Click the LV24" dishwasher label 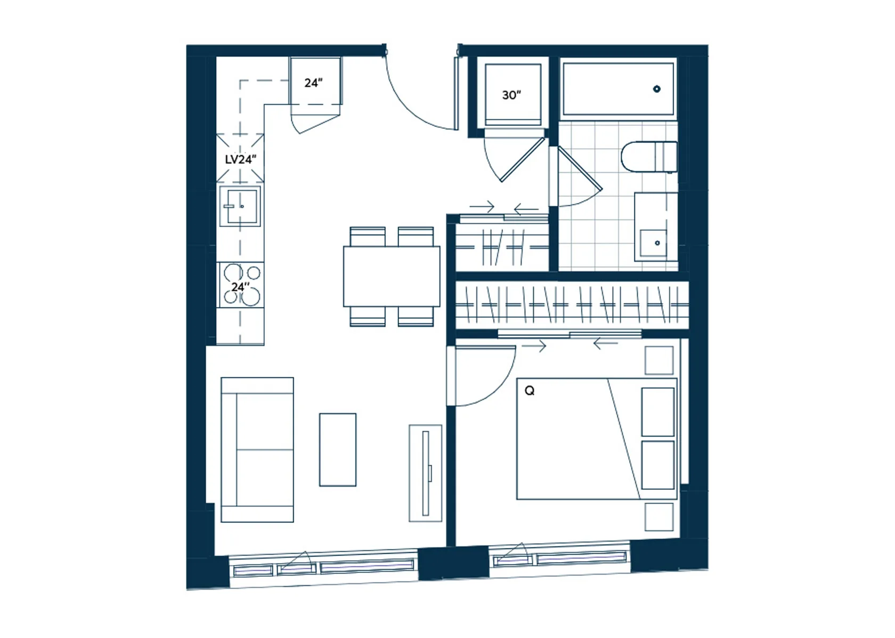point(240,159)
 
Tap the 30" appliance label point(511,95)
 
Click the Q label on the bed point(530,391)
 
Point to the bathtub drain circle point(656,88)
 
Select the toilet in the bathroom point(649,157)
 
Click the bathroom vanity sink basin point(653,243)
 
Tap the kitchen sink point(240,206)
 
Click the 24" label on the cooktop point(240,287)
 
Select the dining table point(392,277)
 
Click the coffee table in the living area point(338,450)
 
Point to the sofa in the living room point(257,450)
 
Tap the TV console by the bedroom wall point(426,473)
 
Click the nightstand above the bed point(660,360)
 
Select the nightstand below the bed point(660,517)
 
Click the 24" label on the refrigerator point(313,83)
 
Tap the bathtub point(618,88)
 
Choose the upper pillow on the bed point(657,411)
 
